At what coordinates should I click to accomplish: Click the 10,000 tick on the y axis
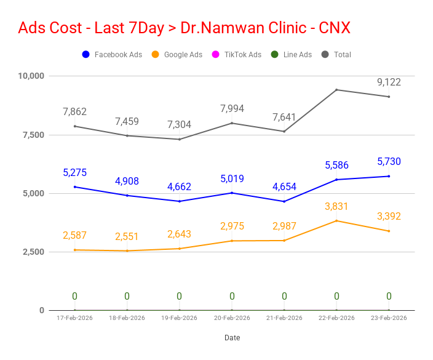[x=31, y=76]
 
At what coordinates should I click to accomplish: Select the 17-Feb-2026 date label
[x=74, y=318]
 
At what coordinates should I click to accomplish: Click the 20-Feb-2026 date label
[x=232, y=318]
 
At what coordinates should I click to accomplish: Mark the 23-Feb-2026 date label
[x=389, y=318]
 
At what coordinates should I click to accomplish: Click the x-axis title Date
[x=232, y=338]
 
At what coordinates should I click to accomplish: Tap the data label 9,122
[x=389, y=82]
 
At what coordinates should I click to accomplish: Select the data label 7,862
[x=74, y=111]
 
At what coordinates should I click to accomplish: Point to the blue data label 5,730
[x=389, y=161]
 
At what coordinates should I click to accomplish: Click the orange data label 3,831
[x=336, y=207]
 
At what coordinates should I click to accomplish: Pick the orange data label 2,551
[x=127, y=237]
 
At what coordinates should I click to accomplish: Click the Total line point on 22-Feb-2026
[x=336, y=90]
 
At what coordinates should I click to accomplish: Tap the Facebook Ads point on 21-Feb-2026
[x=284, y=201]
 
